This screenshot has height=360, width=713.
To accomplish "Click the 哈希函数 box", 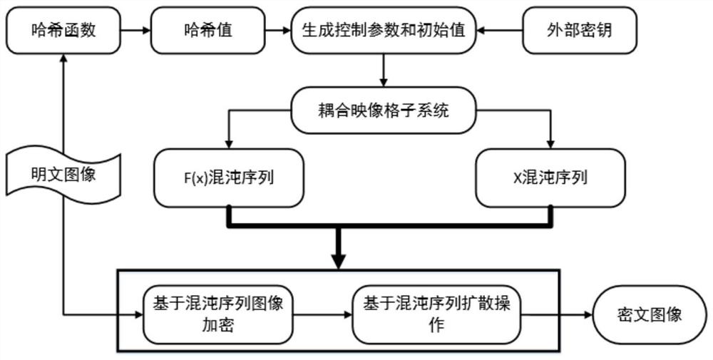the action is (x=63, y=31).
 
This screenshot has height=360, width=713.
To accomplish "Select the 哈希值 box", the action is (x=207, y=31).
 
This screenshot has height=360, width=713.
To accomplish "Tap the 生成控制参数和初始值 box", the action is (x=384, y=31).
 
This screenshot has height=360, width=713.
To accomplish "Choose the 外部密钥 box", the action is (x=579, y=31).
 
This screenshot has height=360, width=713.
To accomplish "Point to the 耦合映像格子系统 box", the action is (x=384, y=110).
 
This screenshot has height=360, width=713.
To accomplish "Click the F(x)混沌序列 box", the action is (x=228, y=178).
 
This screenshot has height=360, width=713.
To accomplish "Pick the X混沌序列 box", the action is (x=550, y=178).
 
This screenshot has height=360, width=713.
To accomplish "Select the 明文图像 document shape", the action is (x=63, y=175).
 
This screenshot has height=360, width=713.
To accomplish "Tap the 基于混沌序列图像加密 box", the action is (x=217, y=315).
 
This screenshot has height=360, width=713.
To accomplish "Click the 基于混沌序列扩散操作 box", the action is (x=436, y=315).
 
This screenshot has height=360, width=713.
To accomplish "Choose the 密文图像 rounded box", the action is (x=650, y=315).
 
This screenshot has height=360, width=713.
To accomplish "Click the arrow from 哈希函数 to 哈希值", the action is (x=135, y=31).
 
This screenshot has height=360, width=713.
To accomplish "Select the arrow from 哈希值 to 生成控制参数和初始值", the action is (x=278, y=31).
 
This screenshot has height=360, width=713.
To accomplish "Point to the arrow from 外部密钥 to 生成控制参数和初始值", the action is (x=499, y=31).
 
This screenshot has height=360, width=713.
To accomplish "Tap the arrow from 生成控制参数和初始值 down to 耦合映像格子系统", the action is (x=384, y=71).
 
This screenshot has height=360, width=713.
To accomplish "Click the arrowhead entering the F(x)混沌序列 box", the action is (x=229, y=145).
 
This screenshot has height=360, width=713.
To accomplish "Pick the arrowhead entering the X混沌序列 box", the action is (x=550, y=145).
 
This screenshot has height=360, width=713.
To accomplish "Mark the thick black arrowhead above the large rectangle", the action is (x=339, y=262).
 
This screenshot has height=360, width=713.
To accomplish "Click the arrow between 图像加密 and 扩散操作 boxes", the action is (x=323, y=314).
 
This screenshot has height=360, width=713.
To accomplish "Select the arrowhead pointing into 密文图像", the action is (x=588, y=314).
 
